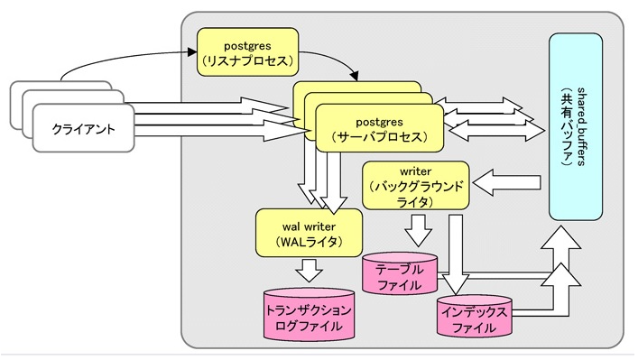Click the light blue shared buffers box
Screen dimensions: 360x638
pos(577,126)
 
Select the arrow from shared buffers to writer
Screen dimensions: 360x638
pos(509,184)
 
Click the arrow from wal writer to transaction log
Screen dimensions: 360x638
pos(310,270)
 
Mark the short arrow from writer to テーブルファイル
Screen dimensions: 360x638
pos(418,234)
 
